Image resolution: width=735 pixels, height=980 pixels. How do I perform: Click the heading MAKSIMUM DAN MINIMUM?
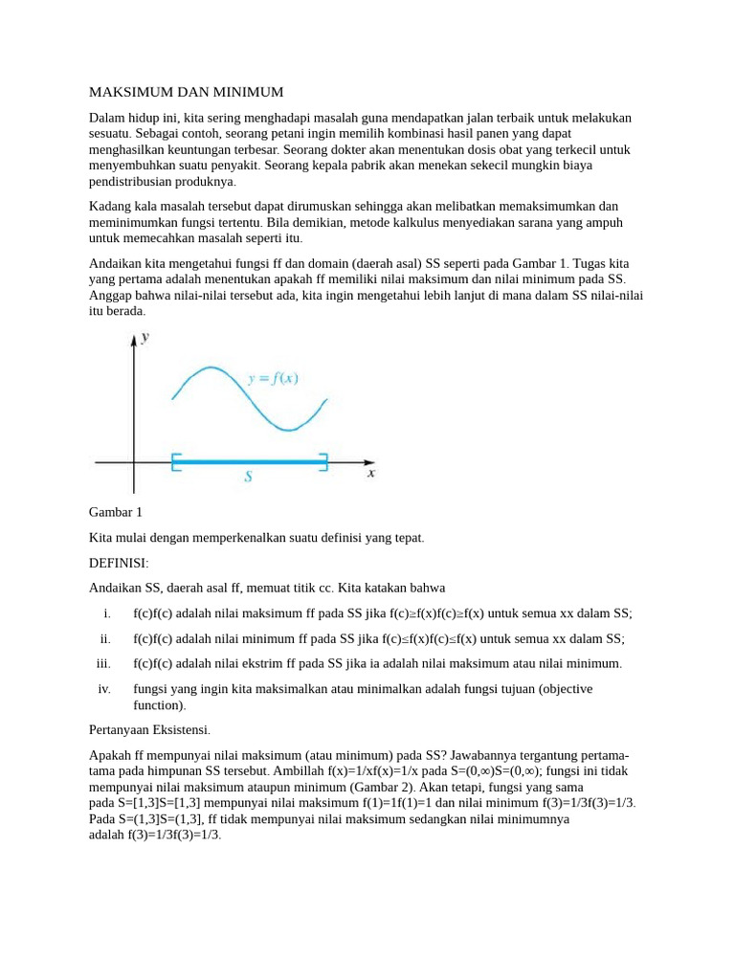pyautogui.click(x=186, y=92)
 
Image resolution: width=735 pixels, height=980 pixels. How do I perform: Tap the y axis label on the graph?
pyautogui.click(x=145, y=337)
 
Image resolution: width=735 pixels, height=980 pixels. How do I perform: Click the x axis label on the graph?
pyautogui.click(x=371, y=472)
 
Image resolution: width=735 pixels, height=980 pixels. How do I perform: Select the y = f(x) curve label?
pyautogui.click(x=273, y=378)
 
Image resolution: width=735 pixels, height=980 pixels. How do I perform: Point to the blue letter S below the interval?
pyautogui.click(x=248, y=476)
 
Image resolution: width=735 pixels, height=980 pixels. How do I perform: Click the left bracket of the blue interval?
pyautogui.click(x=174, y=462)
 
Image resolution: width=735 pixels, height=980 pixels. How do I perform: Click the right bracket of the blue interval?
pyautogui.click(x=324, y=462)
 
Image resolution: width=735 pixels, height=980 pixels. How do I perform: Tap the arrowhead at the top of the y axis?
pyautogui.click(x=133, y=339)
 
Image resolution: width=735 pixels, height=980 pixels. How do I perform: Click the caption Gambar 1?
pyautogui.click(x=115, y=513)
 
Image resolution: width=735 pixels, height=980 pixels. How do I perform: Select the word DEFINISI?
pyautogui.click(x=119, y=563)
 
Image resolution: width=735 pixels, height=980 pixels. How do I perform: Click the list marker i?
pyautogui.click(x=108, y=613)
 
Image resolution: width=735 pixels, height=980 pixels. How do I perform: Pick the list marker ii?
pyautogui.click(x=105, y=638)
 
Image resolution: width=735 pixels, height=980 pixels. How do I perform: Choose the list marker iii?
pyautogui.click(x=103, y=663)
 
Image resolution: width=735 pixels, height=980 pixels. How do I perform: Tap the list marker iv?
pyautogui.click(x=104, y=688)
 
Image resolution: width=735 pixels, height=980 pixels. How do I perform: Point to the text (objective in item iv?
pyautogui.click(x=565, y=688)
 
